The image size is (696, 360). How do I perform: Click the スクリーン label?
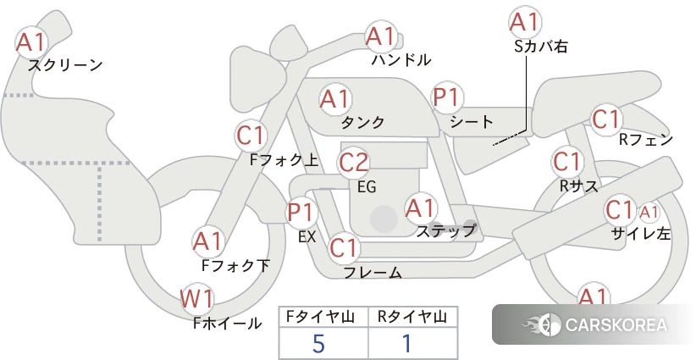point(65,65)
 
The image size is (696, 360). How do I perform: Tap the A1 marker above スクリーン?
point(31,42)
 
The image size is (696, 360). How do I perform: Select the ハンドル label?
point(401,59)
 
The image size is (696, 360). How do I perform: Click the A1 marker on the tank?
point(335,99)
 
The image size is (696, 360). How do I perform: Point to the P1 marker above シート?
point(447,97)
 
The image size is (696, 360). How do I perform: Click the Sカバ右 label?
point(541,47)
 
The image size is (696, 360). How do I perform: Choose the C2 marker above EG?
point(354,163)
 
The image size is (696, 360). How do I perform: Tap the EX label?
point(307,237)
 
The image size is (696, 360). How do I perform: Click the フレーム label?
point(373,272)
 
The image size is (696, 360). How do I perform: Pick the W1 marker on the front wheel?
point(196,299)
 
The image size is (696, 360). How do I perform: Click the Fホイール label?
point(227,324)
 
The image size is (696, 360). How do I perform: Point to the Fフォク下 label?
point(235,265)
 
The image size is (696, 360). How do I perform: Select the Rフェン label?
point(646,140)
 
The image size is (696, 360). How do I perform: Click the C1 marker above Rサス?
point(566,162)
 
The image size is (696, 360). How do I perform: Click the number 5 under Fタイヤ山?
point(318,344)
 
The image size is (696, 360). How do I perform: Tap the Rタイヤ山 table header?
point(412,317)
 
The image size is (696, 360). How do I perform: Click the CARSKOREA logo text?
point(616,325)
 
